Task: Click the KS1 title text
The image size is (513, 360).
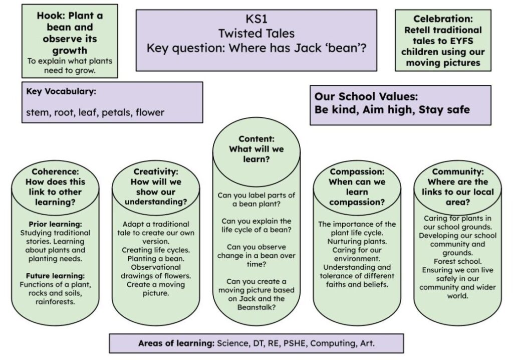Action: click(256, 19)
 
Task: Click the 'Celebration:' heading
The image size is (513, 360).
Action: click(443, 19)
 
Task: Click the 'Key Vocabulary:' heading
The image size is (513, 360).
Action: click(61, 91)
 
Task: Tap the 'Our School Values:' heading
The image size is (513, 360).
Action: click(366, 97)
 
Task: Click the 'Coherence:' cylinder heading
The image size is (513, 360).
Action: click(55, 171)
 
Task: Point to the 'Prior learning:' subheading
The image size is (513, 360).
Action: click(55, 225)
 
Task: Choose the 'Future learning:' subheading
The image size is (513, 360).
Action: click(55, 276)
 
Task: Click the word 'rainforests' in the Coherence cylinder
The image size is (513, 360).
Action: click(55, 302)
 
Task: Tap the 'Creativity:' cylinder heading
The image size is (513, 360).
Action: click(156, 171)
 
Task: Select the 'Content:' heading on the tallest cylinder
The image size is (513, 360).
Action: click(256, 139)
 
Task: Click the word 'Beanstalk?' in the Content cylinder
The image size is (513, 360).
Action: click(256, 307)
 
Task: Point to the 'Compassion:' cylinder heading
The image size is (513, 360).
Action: click(357, 171)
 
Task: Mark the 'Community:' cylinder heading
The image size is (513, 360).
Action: click(458, 171)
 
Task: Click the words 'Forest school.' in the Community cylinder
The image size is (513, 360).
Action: click(458, 261)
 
